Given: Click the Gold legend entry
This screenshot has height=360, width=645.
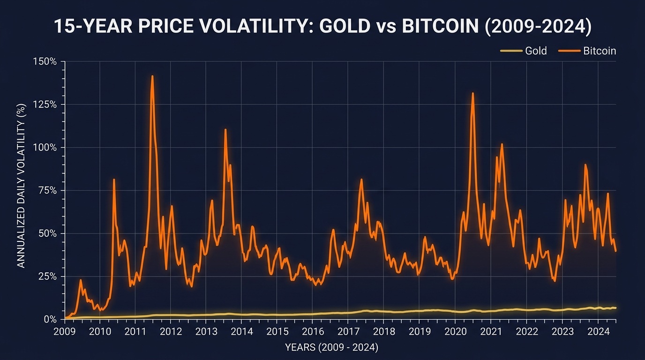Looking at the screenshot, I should [x=535, y=51].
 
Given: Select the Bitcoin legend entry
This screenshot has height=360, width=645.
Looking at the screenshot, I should [x=599, y=51].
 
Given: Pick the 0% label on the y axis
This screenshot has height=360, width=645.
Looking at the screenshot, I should [x=50, y=319].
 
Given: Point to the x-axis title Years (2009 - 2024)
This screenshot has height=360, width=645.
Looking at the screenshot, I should [x=331, y=348].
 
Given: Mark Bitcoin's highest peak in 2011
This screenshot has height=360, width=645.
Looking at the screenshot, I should [x=152, y=76].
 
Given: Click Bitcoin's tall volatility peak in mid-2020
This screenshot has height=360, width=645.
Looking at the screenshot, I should [x=472, y=93].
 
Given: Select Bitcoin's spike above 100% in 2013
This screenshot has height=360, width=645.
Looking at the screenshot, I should [x=225, y=129].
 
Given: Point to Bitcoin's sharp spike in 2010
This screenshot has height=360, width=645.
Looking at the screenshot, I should [x=114, y=180].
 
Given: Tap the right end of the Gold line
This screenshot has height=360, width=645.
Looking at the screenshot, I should [x=615, y=308].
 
